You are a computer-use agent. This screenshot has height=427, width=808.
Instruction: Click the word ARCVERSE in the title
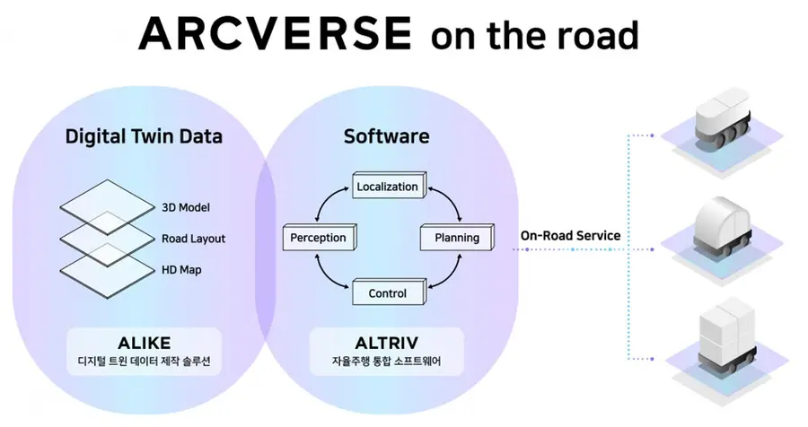(276, 33)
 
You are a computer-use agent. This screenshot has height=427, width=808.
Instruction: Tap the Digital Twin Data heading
(144, 136)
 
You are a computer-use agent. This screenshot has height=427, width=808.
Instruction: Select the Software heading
(386, 136)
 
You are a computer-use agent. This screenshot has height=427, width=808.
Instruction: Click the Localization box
(389, 186)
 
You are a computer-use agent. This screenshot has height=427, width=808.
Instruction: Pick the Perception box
(320, 238)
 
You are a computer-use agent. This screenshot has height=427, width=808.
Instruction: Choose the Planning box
(457, 238)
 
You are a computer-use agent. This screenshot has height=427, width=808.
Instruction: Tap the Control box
(389, 292)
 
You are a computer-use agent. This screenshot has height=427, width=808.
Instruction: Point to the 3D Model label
(186, 207)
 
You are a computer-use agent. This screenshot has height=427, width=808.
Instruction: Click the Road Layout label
(193, 239)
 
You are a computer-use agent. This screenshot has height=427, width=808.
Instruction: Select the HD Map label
(181, 270)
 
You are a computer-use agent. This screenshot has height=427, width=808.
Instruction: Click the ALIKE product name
(145, 343)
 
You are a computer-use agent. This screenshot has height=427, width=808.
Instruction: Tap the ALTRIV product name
(386, 343)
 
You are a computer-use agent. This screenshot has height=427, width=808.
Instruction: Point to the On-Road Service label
(570, 236)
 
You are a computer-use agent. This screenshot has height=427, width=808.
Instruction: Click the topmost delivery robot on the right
(722, 119)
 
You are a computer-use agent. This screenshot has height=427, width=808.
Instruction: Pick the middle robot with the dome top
(722, 228)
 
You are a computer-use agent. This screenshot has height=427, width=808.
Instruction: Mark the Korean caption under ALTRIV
(386, 362)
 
